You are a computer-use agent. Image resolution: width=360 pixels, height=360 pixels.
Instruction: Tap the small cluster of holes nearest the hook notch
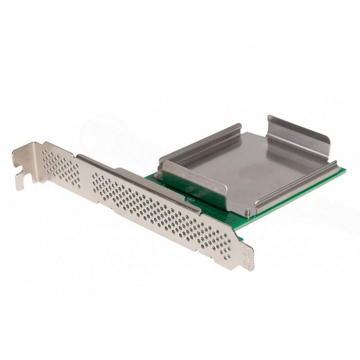click(61, 167)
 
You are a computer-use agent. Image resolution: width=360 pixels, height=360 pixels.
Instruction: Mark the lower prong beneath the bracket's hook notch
click(20, 182)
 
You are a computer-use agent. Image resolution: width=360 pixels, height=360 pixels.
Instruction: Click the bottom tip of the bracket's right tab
click(248, 267)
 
